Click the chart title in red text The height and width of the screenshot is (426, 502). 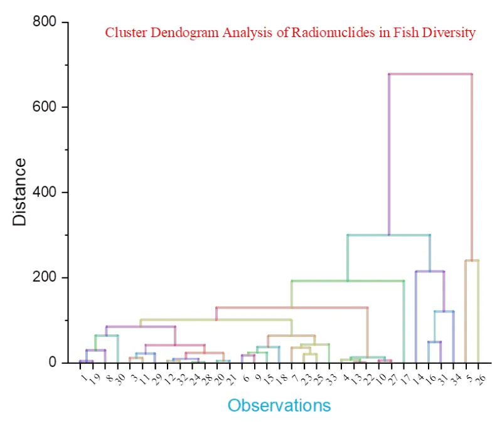[290, 33]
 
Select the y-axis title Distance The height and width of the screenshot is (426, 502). [20, 192]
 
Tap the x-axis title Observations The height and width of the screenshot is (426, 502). [279, 405]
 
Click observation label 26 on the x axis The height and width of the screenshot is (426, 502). [481, 378]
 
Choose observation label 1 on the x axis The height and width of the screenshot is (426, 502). [83, 376]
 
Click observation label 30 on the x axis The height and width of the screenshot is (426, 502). [120, 378]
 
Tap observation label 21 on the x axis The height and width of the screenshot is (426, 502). [232, 378]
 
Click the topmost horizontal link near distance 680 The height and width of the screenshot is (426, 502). [430, 74]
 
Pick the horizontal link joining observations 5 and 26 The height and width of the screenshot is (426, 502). [472, 260]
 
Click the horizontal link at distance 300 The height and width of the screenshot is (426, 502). [388, 235]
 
